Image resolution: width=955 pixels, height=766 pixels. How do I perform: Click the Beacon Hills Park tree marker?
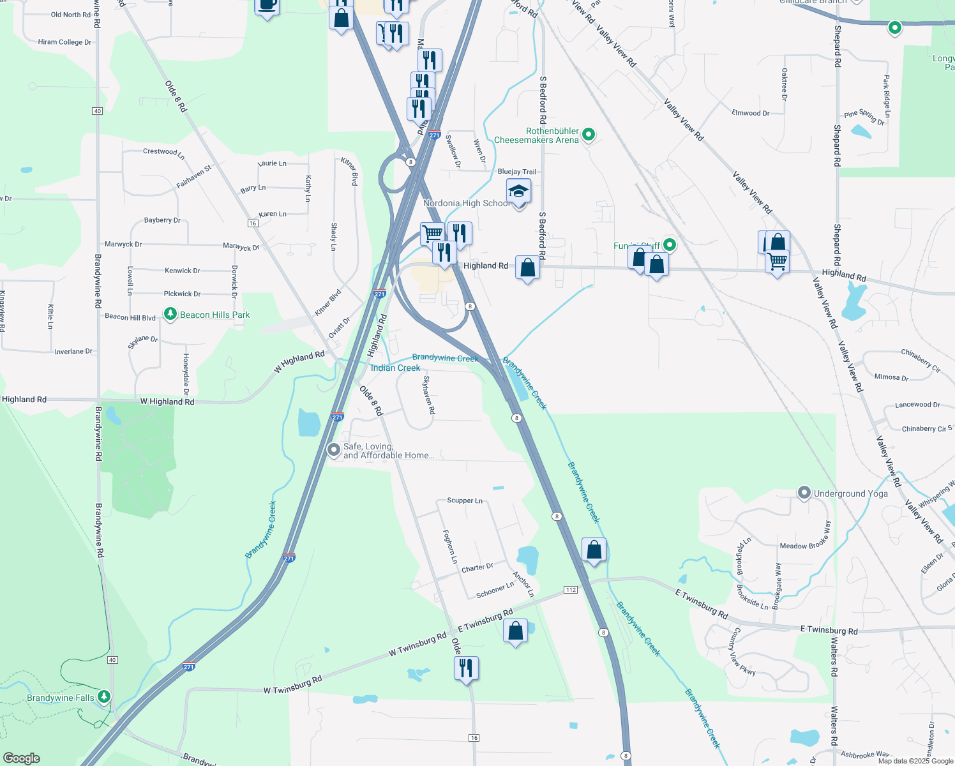pyautogui.click(x=170, y=314)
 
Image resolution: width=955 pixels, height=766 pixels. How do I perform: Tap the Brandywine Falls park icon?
pyautogui.click(x=104, y=696)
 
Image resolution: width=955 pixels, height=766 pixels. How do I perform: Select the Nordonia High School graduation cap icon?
pyautogui.click(x=518, y=191)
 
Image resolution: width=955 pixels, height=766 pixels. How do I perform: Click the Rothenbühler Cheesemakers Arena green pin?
pyautogui.click(x=589, y=135)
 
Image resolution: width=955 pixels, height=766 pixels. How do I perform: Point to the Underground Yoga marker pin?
pyautogui.click(x=804, y=493)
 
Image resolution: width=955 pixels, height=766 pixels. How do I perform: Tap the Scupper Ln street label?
pyautogui.click(x=465, y=500)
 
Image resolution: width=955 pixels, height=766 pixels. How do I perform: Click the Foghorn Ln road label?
pyautogui.click(x=450, y=546)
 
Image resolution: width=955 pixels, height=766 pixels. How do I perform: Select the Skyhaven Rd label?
pyautogui.click(x=429, y=394)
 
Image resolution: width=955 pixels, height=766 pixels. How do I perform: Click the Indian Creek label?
pyautogui.click(x=395, y=368)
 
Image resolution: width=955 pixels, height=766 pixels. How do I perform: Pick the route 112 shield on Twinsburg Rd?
pyautogui.click(x=571, y=590)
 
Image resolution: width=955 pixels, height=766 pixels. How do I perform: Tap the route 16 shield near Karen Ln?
pyautogui.click(x=253, y=223)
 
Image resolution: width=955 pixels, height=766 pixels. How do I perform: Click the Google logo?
pyautogui.click(x=22, y=758)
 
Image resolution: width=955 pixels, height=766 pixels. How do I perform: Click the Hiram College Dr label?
pyautogui.click(x=64, y=42)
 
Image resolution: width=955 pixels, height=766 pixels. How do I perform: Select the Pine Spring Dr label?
pyautogui.click(x=864, y=117)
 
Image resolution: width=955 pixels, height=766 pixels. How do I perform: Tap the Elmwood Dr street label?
pyautogui.click(x=750, y=113)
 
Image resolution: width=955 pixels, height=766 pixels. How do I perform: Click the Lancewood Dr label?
pyautogui.click(x=917, y=405)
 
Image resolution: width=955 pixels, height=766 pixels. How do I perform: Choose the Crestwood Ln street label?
pyautogui.click(x=163, y=153)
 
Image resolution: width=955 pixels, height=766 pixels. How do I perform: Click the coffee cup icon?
pyautogui.click(x=267, y=6)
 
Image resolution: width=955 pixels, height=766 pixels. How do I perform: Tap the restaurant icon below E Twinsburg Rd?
pyautogui.click(x=467, y=668)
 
